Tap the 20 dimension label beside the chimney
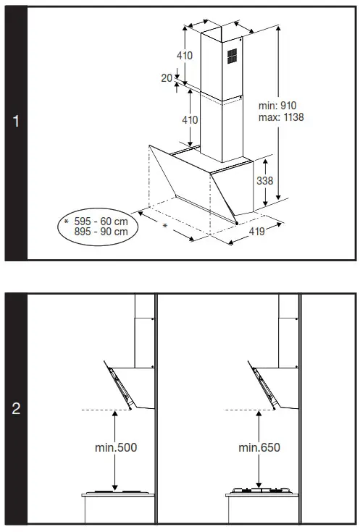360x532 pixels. pyautogui.click(x=167, y=78)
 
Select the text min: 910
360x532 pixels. pyautogui.click(x=277, y=106)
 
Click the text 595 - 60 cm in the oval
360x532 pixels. pyautogui.click(x=101, y=221)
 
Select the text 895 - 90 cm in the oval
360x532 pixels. pyautogui.click(x=101, y=232)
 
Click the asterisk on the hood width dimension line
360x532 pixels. pyautogui.click(x=165, y=227)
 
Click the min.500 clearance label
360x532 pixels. pyautogui.click(x=116, y=447)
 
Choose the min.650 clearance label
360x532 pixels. pyautogui.click(x=259, y=447)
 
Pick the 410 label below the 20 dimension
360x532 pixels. pyautogui.click(x=190, y=120)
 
